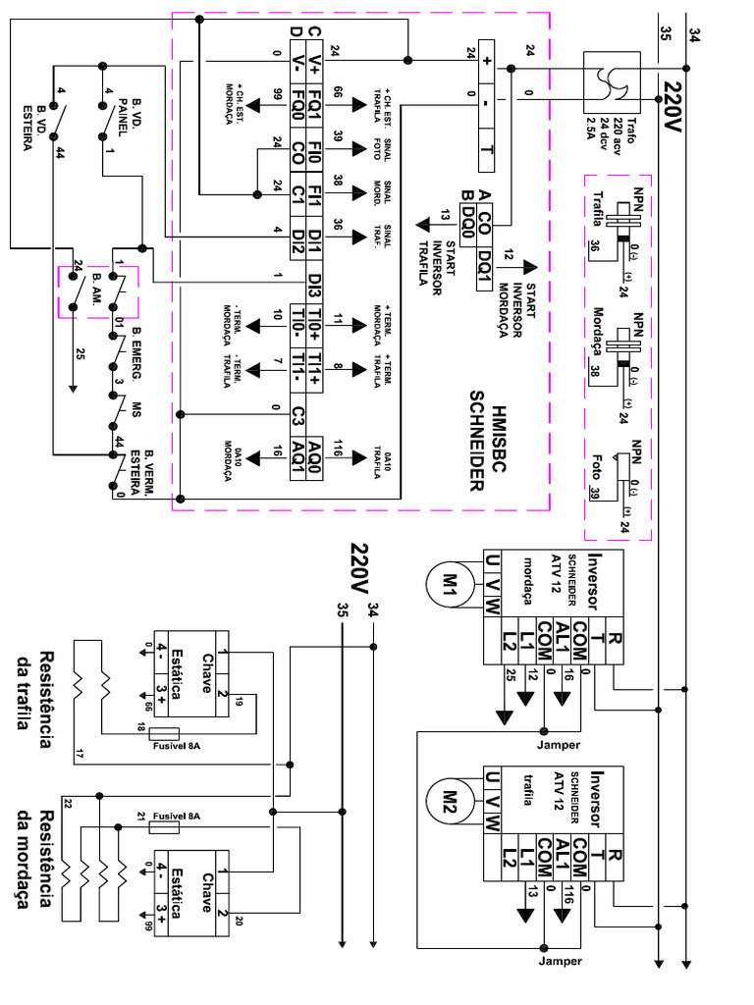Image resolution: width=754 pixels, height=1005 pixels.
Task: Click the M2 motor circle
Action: click(x=449, y=796)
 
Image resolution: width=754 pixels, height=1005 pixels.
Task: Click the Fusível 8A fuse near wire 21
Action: click(x=165, y=828)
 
